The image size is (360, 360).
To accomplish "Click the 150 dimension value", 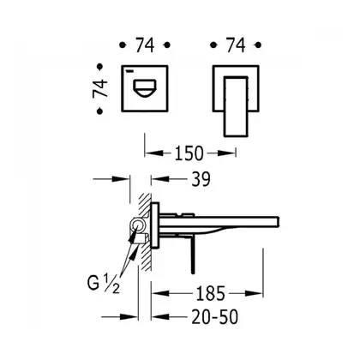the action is (189, 153).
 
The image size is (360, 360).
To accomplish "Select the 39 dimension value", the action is (201, 179).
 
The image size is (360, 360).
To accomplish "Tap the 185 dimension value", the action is (210, 293).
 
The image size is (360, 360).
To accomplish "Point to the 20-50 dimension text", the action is (214, 317).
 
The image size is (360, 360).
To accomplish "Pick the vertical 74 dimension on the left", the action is (100, 89).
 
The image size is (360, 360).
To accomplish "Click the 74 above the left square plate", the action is (145, 45).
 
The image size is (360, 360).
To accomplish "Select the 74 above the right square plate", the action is (236, 45).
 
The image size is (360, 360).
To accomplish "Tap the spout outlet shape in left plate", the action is (145, 88).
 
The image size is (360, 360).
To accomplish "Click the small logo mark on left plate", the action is (130, 70).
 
